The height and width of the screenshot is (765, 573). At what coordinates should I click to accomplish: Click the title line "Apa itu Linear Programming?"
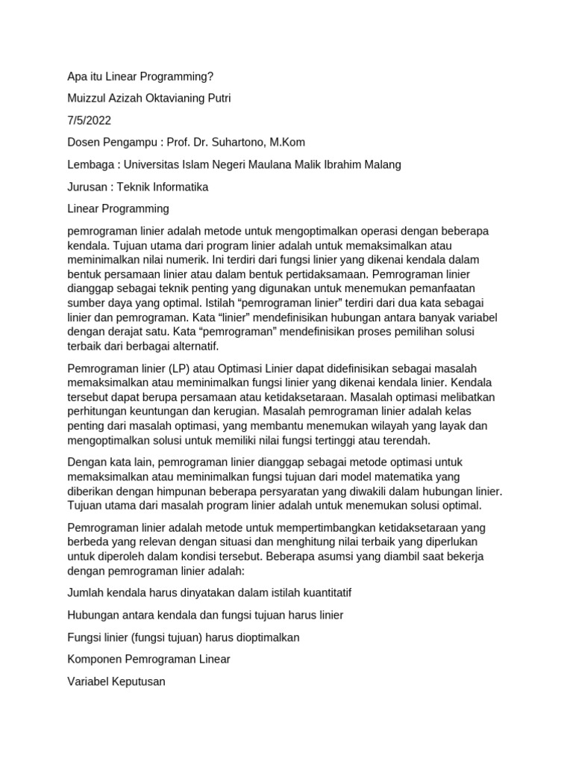(x=140, y=76)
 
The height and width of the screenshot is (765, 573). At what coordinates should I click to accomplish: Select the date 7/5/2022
(x=89, y=120)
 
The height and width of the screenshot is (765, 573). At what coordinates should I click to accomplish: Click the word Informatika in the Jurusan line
(x=179, y=187)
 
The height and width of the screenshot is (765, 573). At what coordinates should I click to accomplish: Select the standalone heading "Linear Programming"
(x=118, y=208)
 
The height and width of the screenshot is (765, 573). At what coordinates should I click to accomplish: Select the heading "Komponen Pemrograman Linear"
(x=148, y=659)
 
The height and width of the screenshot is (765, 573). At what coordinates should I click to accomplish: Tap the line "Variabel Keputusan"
(x=116, y=681)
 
